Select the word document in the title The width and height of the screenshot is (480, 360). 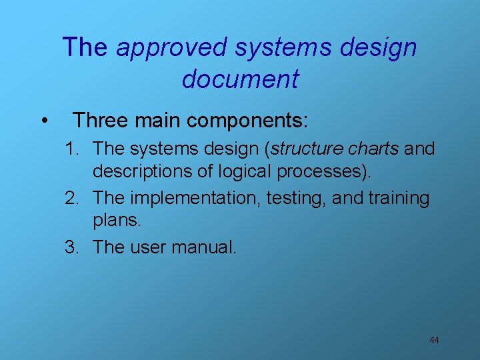coord(240,79)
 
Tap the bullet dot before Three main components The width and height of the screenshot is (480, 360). coord(43,121)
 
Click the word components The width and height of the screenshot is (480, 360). coord(247,121)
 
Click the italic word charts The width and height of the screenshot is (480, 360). coord(377,148)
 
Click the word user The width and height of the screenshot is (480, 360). coord(147,247)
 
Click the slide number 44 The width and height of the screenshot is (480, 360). coord(434,341)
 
